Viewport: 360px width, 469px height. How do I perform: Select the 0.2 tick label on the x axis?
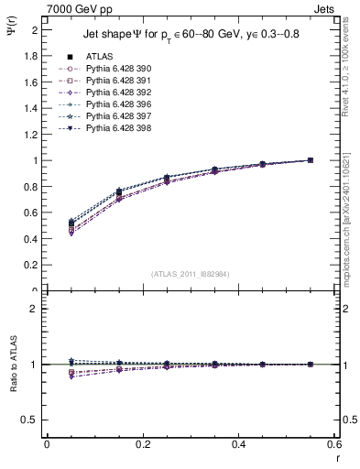[143, 444]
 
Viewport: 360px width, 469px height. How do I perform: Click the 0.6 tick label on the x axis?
[334, 444]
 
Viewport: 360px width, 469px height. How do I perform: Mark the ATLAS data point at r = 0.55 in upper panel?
[311, 160]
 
